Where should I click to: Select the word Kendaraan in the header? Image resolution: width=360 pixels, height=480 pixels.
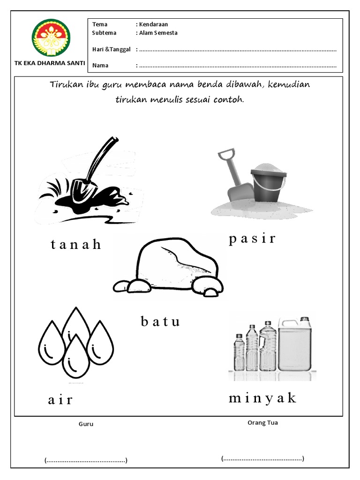(154, 24)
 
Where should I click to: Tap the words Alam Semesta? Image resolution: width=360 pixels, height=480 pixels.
(158, 33)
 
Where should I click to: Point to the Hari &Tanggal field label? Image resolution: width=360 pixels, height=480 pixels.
(111, 49)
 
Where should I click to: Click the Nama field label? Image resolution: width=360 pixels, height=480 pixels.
(100, 65)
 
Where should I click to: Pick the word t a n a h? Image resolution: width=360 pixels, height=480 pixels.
(76, 245)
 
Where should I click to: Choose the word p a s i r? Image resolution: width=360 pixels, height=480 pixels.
(252, 239)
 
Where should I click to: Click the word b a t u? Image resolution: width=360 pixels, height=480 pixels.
(160, 322)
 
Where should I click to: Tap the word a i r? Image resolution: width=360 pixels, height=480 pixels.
(60, 400)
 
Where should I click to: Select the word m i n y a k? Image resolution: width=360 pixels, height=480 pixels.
(263, 398)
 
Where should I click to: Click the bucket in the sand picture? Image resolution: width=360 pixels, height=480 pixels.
(268, 185)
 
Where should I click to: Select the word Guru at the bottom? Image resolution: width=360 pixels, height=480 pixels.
(86, 424)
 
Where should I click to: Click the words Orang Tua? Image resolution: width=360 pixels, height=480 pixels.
(262, 422)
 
